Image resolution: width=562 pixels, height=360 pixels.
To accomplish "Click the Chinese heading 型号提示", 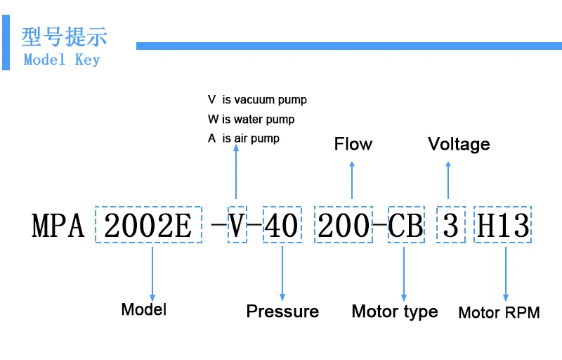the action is [64, 37].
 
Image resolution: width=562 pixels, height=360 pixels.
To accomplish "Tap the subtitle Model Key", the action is [62, 60].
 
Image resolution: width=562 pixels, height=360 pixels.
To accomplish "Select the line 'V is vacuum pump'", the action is [257, 100].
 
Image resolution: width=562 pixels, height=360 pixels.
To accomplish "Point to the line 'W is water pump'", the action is [251, 119].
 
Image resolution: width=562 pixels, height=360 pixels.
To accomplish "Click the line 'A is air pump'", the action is [243, 139].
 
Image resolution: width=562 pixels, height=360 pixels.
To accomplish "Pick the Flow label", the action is [353, 143].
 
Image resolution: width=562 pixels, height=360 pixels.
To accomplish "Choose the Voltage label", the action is [459, 144].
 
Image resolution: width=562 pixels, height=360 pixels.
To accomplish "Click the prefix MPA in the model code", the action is [58, 226].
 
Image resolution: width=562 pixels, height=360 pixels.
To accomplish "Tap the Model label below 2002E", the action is [144, 309].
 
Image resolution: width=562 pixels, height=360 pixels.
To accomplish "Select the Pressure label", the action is [282, 311].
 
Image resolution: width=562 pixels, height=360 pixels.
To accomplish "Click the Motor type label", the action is [395, 311].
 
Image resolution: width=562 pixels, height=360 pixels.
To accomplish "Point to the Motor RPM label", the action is [499, 313].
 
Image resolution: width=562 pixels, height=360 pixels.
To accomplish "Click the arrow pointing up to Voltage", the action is [448, 180].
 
